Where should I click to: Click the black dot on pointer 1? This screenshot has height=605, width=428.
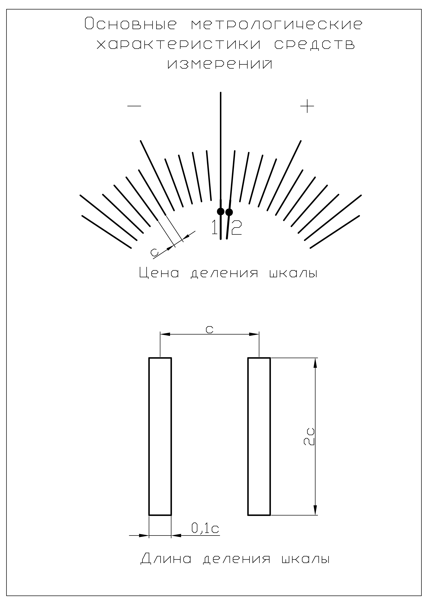point(221,211)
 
